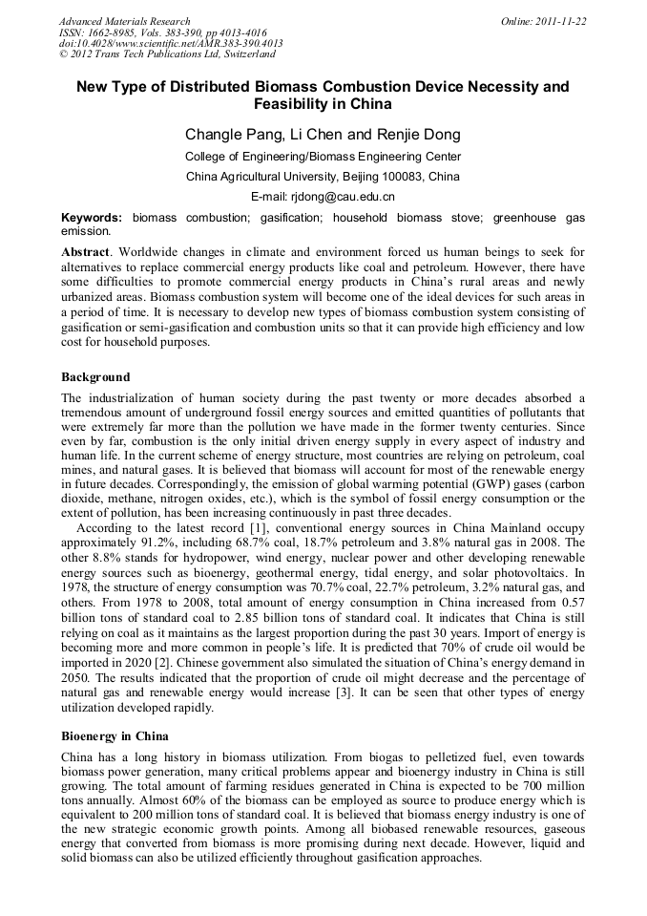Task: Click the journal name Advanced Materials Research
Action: [124, 21]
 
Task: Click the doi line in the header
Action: [171, 44]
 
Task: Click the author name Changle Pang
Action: [232, 135]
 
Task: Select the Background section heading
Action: [95, 377]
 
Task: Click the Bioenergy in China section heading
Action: [115, 736]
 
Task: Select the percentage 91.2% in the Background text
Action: [157, 542]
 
